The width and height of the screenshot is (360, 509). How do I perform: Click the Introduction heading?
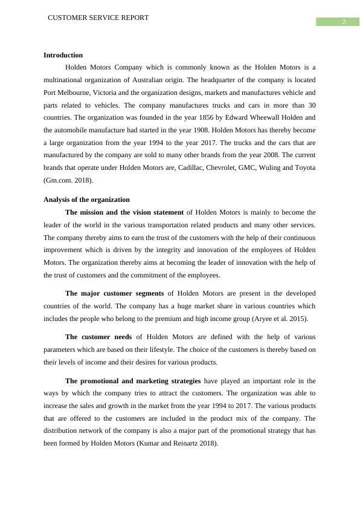pyautogui.click(x=63, y=55)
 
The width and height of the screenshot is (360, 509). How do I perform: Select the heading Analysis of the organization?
pyautogui.click(x=86, y=199)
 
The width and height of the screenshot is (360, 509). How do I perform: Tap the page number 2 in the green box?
pyautogui.click(x=343, y=22)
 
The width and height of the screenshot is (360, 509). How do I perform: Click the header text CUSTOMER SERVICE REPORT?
pyautogui.click(x=98, y=18)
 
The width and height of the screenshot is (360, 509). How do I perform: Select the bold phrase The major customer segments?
pyautogui.click(x=114, y=293)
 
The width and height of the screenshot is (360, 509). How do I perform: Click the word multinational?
pyautogui.click(x=65, y=80)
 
